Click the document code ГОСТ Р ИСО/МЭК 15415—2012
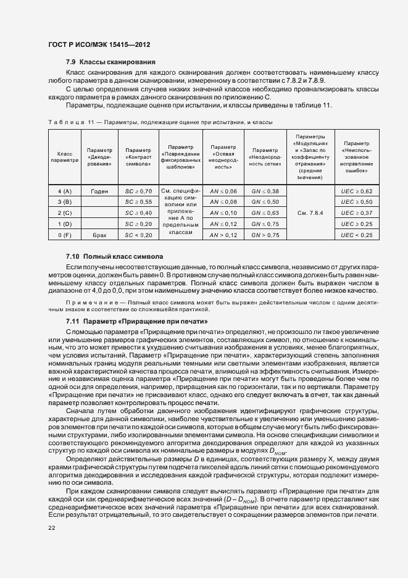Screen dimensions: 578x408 coord(99,45)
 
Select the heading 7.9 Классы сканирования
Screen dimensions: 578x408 coord(110,62)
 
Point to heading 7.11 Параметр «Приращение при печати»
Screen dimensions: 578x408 coord(136,322)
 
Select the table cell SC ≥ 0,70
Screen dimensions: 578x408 coord(138,191)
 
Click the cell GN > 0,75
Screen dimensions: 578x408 coord(266,235)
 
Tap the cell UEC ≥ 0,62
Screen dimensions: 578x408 coord(356,191)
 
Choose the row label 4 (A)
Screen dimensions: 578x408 coord(65,191)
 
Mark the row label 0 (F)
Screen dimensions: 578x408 coord(65,235)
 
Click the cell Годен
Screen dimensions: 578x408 coord(99,191)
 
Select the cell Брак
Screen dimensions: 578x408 coord(99,235)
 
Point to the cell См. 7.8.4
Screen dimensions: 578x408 coord(310,213)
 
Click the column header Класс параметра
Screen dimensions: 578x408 coord(65,157)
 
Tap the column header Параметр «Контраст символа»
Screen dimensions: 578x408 coord(138,157)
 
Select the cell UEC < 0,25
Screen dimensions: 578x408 coord(356,235)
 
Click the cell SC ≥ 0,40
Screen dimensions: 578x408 coord(138,213)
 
